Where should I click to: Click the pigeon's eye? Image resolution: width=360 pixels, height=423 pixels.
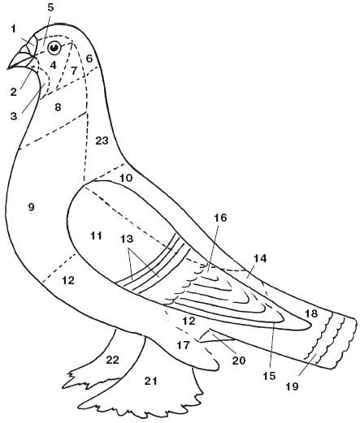[x=54, y=48]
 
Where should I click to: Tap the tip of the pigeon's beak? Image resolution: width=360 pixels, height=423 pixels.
[x=7, y=69]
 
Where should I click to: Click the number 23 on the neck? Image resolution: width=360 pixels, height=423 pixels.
[x=102, y=140]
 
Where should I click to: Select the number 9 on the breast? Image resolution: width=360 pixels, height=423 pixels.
[x=31, y=207]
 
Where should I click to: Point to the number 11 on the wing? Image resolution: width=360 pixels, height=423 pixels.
[x=96, y=235]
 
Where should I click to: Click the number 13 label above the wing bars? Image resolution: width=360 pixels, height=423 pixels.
[x=127, y=239]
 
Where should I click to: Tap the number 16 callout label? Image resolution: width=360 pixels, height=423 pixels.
[x=220, y=218]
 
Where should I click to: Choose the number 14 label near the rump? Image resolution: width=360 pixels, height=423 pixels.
[x=260, y=258]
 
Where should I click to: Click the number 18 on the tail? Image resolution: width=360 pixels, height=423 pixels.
[x=311, y=313]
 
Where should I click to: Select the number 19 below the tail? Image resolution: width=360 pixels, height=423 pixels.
[x=292, y=386]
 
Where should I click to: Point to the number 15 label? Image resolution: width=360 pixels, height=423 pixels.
[x=269, y=376]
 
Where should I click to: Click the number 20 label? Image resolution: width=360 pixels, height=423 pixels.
[x=239, y=360]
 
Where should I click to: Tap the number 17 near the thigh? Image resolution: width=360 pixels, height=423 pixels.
[x=183, y=345]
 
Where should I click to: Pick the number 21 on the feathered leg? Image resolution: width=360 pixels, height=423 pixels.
[x=150, y=381]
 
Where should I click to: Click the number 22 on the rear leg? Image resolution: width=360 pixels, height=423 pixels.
[x=112, y=360]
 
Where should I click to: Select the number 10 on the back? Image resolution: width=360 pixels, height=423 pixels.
[x=126, y=178]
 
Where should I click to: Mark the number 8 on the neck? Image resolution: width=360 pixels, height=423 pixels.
[x=58, y=107]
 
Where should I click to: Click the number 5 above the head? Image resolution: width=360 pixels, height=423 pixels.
[x=50, y=7]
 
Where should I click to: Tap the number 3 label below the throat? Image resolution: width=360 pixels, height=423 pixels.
[x=14, y=116]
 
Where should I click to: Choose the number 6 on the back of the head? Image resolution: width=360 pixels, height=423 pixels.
[x=89, y=58]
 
